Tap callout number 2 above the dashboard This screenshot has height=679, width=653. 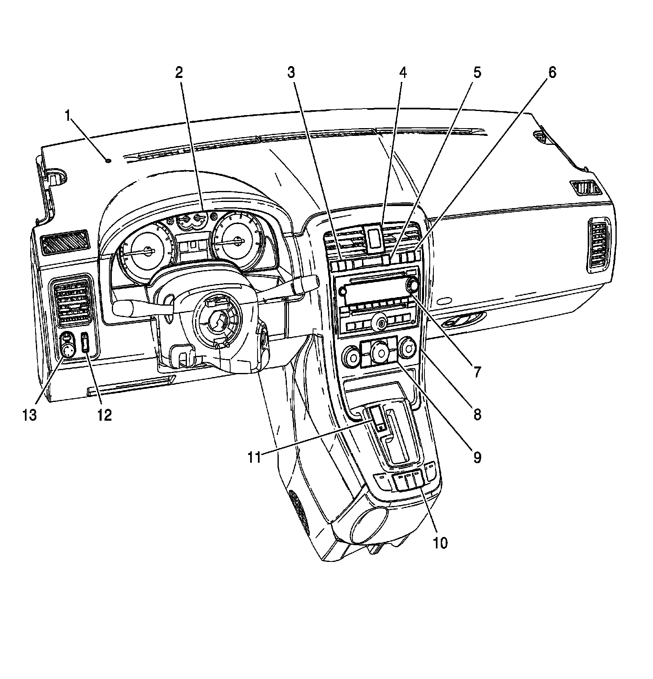(179, 73)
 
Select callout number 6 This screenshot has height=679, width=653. (551, 73)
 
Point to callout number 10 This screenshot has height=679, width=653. (441, 543)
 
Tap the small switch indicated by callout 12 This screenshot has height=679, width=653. (85, 342)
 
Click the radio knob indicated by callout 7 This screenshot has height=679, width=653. (412, 285)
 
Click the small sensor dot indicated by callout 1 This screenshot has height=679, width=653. (108, 161)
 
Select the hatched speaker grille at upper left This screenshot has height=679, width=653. (64, 241)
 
